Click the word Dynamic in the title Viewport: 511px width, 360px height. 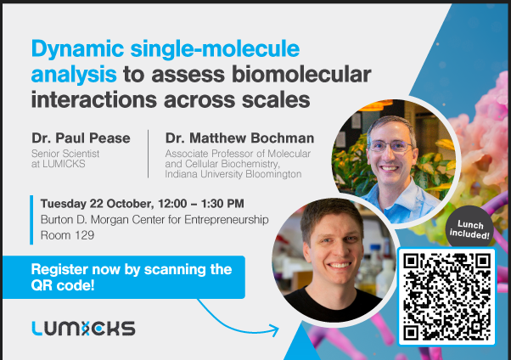click(x=77, y=50)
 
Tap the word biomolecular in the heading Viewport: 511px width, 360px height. click(x=301, y=74)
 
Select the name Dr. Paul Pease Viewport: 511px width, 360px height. click(x=81, y=138)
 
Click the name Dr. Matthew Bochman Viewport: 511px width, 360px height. click(x=239, y=138)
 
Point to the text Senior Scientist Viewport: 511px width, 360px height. click(x=65, y=154)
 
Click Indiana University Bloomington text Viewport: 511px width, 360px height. click(x=233, y=174)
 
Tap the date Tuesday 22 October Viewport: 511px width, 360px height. click(x=97, y=204)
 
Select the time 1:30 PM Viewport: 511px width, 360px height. click(x=222, y=204)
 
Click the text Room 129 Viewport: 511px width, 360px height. click(x=67, y=235)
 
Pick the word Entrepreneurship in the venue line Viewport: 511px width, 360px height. click(x=227, y=220)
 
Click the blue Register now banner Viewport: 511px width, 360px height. click(x=124, y=277)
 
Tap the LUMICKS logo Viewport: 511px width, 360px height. click(x=83, y=329)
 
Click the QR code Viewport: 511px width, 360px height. click(x=446, y=296)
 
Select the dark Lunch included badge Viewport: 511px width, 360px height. click(x=469, y=229)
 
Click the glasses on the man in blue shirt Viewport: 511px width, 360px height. click(x=390, y=146)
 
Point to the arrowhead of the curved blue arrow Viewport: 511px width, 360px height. click(x=276, y=330)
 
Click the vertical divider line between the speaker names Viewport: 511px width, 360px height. click(x=149, y=154)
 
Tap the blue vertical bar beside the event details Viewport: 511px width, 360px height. click(x=31, y=220)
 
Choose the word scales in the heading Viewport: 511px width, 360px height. click(x=276, y=100)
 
